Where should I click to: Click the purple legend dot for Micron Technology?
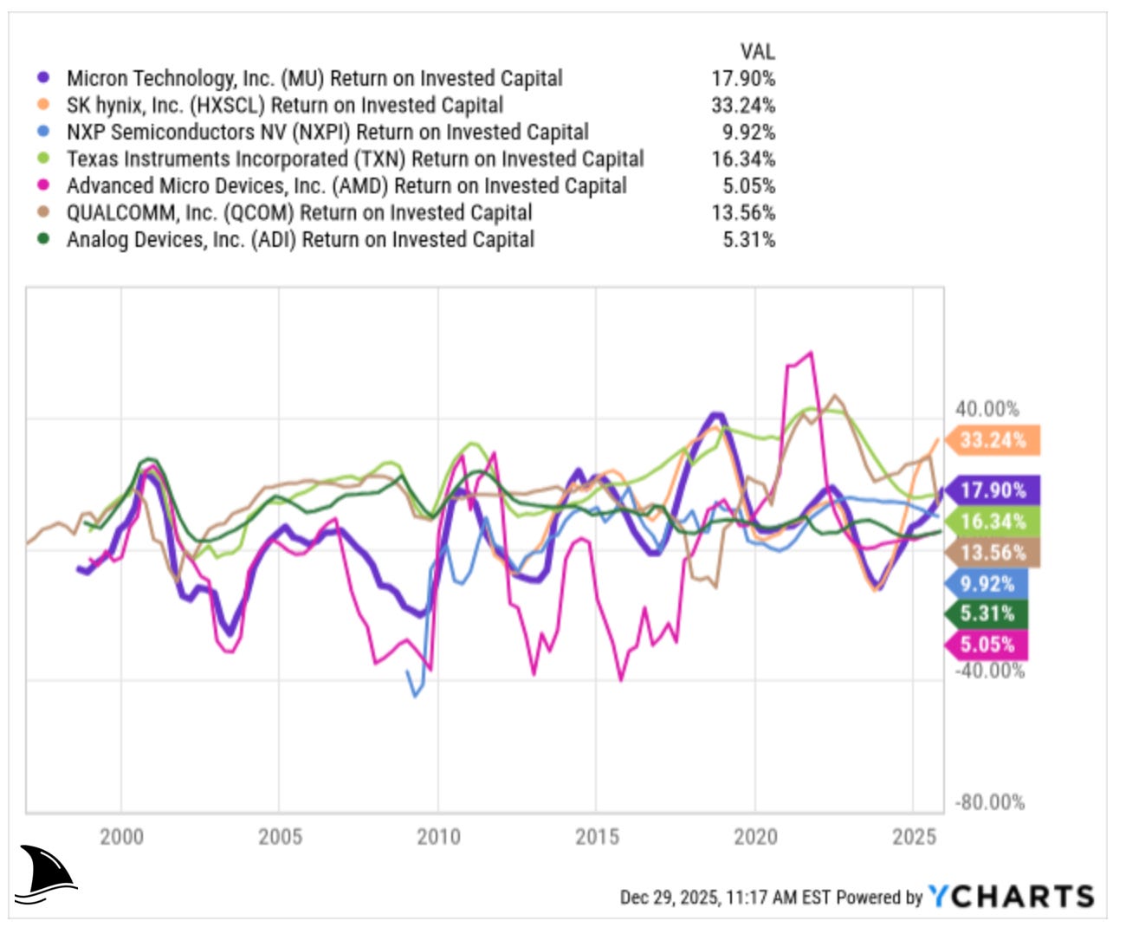[x=43, y=78]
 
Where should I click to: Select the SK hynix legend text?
[x=284, y=105]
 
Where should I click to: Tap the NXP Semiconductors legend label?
[x=327, y=132]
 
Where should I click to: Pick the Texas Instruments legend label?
[x=355, y=159]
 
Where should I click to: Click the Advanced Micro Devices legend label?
[x=346, y=185]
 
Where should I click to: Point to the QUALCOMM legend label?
[x=299, y=212]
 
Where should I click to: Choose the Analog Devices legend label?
[x=300, y=239]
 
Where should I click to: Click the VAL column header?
[x=757, y=51]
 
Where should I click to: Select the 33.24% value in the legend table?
[x=743, y=105]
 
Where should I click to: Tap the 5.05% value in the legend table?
[x=748, y=185]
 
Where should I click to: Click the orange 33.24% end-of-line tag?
[x=993, y=440]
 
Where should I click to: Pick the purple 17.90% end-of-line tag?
[x=993, y=490]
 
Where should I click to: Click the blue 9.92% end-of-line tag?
[x=987, y=584]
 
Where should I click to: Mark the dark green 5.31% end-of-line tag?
[x=987, y=614]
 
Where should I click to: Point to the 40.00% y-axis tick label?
[x=987, y=409]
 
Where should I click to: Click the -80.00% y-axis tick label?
[x=989, y=802]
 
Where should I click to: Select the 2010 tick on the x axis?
[x=438, y=837]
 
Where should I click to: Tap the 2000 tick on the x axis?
[x=121, y=837]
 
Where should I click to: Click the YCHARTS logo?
[x=1012, y=897]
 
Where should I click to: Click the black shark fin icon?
[x=45, y=874]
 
